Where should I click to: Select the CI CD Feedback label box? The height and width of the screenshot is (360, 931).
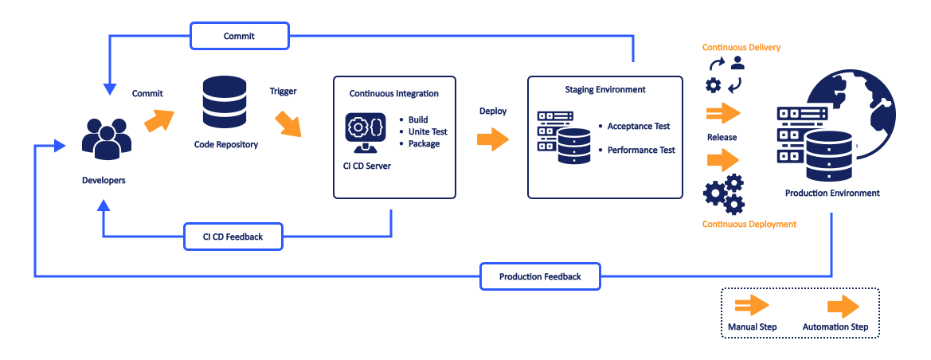(233, 237)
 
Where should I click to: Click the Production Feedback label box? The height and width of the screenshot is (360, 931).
(540, 276)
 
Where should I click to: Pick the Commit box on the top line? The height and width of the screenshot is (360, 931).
(239, 36)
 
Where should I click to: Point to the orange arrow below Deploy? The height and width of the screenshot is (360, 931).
(493, 140)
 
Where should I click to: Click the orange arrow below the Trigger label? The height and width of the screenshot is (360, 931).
(288, 123)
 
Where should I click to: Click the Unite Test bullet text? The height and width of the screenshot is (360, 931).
(428, 132)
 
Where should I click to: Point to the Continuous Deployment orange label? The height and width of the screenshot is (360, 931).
(749, 224)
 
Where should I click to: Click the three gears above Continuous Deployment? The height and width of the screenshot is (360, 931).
(724, 194)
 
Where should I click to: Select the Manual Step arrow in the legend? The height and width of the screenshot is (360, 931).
(752, 305)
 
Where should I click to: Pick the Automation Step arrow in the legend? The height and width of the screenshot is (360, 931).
(843, 307)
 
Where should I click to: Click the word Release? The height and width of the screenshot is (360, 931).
(722, 137)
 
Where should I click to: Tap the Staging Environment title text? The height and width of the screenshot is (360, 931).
(605, 90)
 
